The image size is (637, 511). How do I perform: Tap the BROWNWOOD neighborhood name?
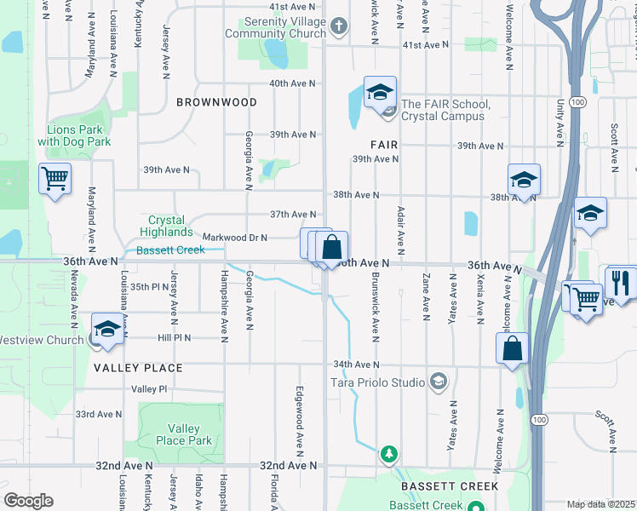tap(216, 102)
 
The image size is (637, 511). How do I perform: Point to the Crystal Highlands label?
tap(166, 226)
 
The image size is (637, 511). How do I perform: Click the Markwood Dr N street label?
tap(234, 238)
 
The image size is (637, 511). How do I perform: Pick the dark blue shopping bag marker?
tap(333, 247)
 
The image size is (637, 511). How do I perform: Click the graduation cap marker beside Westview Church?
tap(108, 330)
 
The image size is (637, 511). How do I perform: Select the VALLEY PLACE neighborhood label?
tap(138, 368)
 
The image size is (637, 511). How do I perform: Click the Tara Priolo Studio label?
tap(377, 382)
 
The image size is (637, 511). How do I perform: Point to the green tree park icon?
tap(389, 453)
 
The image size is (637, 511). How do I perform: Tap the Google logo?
tap(28, 501)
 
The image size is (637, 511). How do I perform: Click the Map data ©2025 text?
tap(600, 504)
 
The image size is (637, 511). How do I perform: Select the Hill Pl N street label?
tap(175, 337)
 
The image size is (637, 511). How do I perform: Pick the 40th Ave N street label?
tap(292, 83)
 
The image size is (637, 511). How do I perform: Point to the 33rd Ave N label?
tap(99, 414)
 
